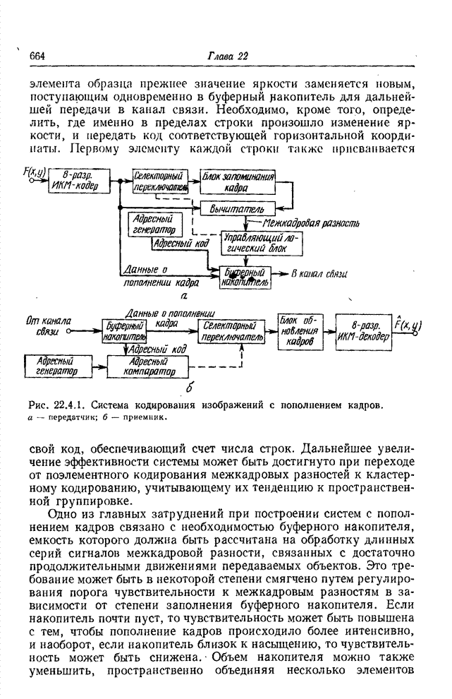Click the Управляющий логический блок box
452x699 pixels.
pos(257,243)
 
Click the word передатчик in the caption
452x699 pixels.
pos(66,417)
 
